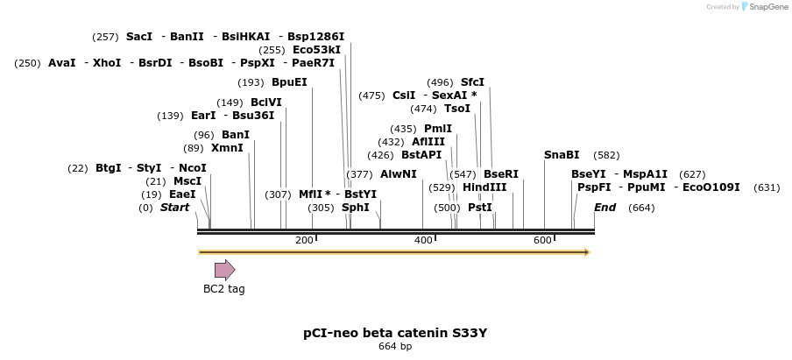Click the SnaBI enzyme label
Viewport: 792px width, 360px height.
pyautogui.click(x=562, y=155)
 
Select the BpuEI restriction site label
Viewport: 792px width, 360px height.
pyautogui.click(x=289, y=82)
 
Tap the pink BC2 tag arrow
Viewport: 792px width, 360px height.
pyautogui.click(x=225, y=270)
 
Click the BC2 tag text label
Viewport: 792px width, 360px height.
pyautogui.click(x=224, y=289)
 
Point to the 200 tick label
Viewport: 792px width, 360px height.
pyautogui.click(x=304, y=240)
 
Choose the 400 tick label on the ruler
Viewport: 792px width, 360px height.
pyautogui.click(x=423, y=240)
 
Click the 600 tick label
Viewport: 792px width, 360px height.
pyautogui.click(x=542, y=240)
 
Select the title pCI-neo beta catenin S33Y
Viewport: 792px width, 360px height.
pyautogui.click(x=395, y=333)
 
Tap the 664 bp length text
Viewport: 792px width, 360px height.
pyautogui.click(x=395, y=347)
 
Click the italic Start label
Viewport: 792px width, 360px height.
pyautogui.click(x=174, y=208)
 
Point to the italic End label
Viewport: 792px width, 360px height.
pyautogui.click(x=605, y=208)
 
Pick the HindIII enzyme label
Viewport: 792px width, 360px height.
pyautogui.click(x=484, y=187)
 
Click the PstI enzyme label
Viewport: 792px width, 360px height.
pyautogui.click(x=480, y=208)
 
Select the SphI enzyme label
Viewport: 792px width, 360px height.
pyautogui.click(x=355, y=208)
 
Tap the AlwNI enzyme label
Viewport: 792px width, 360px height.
pyautogui.click(x=399, y=174)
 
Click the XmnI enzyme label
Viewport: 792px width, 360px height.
pyautogui.click(x=227, y=148)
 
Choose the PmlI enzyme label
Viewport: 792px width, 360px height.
pyautogui.click(x=438, y=129)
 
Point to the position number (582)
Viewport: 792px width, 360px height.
pyautogui.click(x=606, y=155)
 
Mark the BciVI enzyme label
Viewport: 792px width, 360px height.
pyautogui.click(x=266, y=102)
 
